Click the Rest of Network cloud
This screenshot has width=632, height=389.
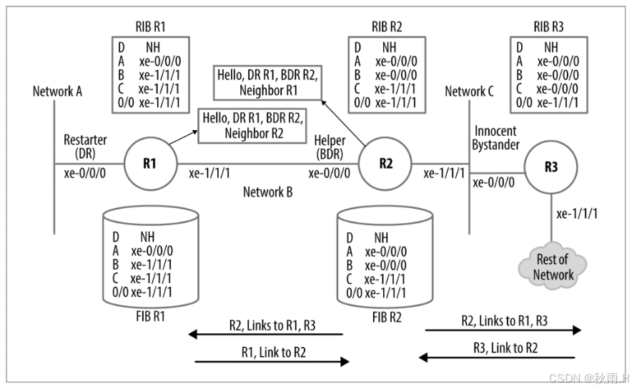pos(553,267)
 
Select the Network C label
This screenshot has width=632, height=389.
pos(469,92)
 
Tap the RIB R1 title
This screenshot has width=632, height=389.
pos(150,26)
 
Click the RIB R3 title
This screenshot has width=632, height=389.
pos(548,26)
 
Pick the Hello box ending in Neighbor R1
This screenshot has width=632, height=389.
pos(266,82)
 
